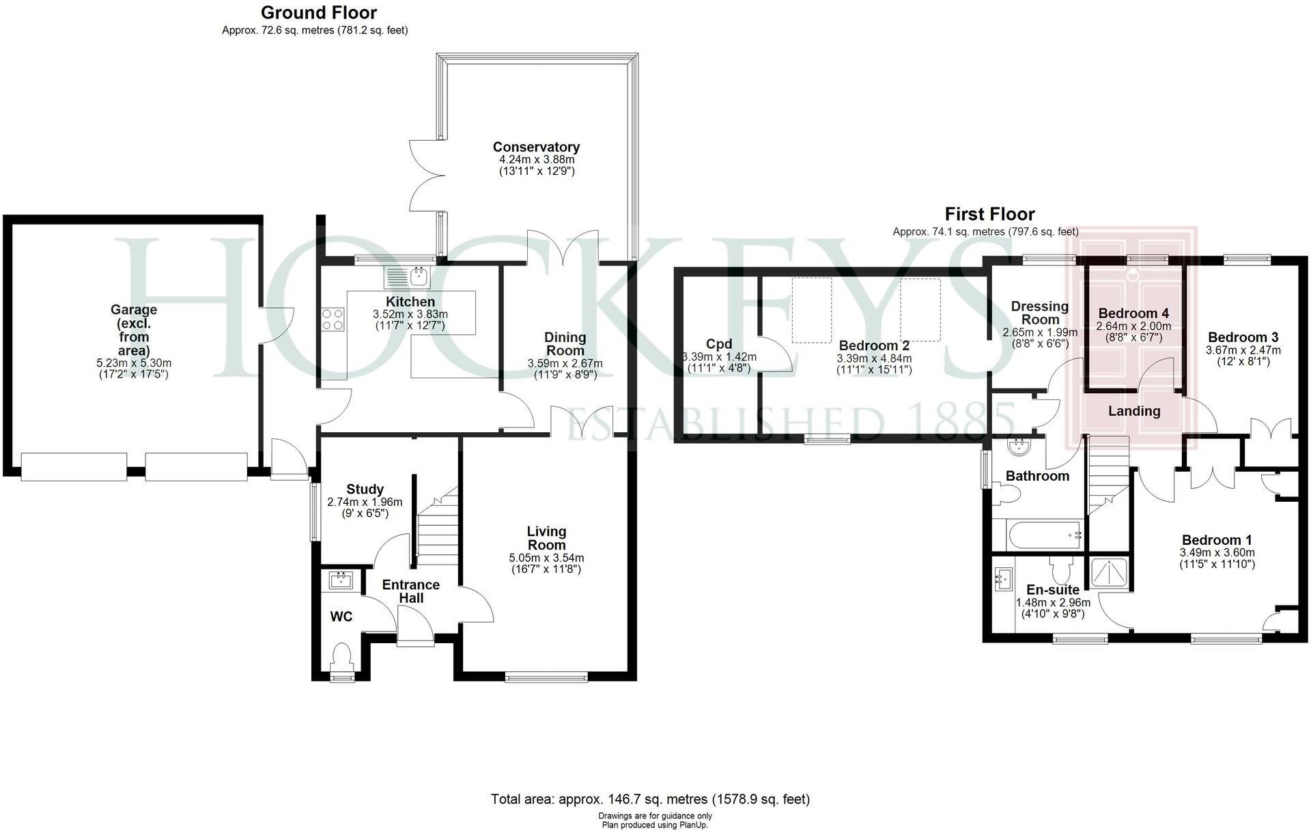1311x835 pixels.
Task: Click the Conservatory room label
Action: (536, 147)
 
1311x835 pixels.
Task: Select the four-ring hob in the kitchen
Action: (333, 319)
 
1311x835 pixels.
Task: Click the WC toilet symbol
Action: (340, 657)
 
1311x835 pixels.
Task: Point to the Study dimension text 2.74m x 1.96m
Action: (365, 502)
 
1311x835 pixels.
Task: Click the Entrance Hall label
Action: (410, 591)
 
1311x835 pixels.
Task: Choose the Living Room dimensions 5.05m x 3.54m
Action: (546, 558)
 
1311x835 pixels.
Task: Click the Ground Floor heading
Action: (318, 12)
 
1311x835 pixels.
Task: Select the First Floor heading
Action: (989, 214)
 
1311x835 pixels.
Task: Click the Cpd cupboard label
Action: (719, 344)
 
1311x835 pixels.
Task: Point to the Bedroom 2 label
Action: (874, 345)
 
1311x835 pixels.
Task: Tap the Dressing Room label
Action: (1039, 313)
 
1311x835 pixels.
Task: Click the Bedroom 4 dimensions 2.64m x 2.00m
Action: (1133, 326)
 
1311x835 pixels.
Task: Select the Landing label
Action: (1133, 411)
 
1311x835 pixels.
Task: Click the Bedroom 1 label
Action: (1217, 539)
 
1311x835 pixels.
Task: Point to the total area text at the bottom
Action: (650, 799)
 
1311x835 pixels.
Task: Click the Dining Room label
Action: (565, 343)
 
